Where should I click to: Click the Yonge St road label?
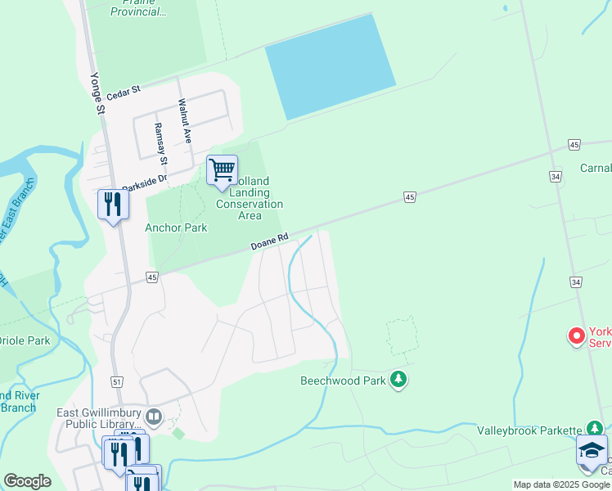pos(97,94)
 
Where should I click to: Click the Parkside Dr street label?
pos(144,182)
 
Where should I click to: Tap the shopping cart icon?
pos(222,170)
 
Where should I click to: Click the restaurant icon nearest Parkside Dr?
pos(113,204)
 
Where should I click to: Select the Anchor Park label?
pos(176,227)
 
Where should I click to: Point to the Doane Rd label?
pos(269,241)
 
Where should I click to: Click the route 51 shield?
pos(117,382)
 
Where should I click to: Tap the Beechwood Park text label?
pos(343,381)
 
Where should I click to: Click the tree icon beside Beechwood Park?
pos(398,379)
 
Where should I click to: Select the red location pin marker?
pos(577,336)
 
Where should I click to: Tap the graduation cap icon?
pos(592,450)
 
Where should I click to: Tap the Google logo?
pos(27,481)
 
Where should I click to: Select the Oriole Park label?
pos(24,340)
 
